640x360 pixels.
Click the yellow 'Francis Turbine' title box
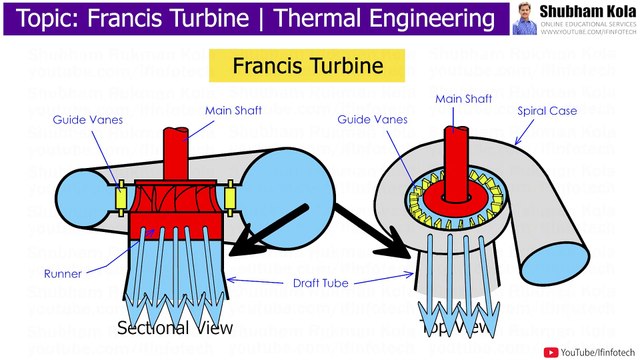pos(308,67)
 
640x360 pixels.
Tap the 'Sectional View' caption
pos(175,328)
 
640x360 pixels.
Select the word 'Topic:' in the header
pos(43,19)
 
